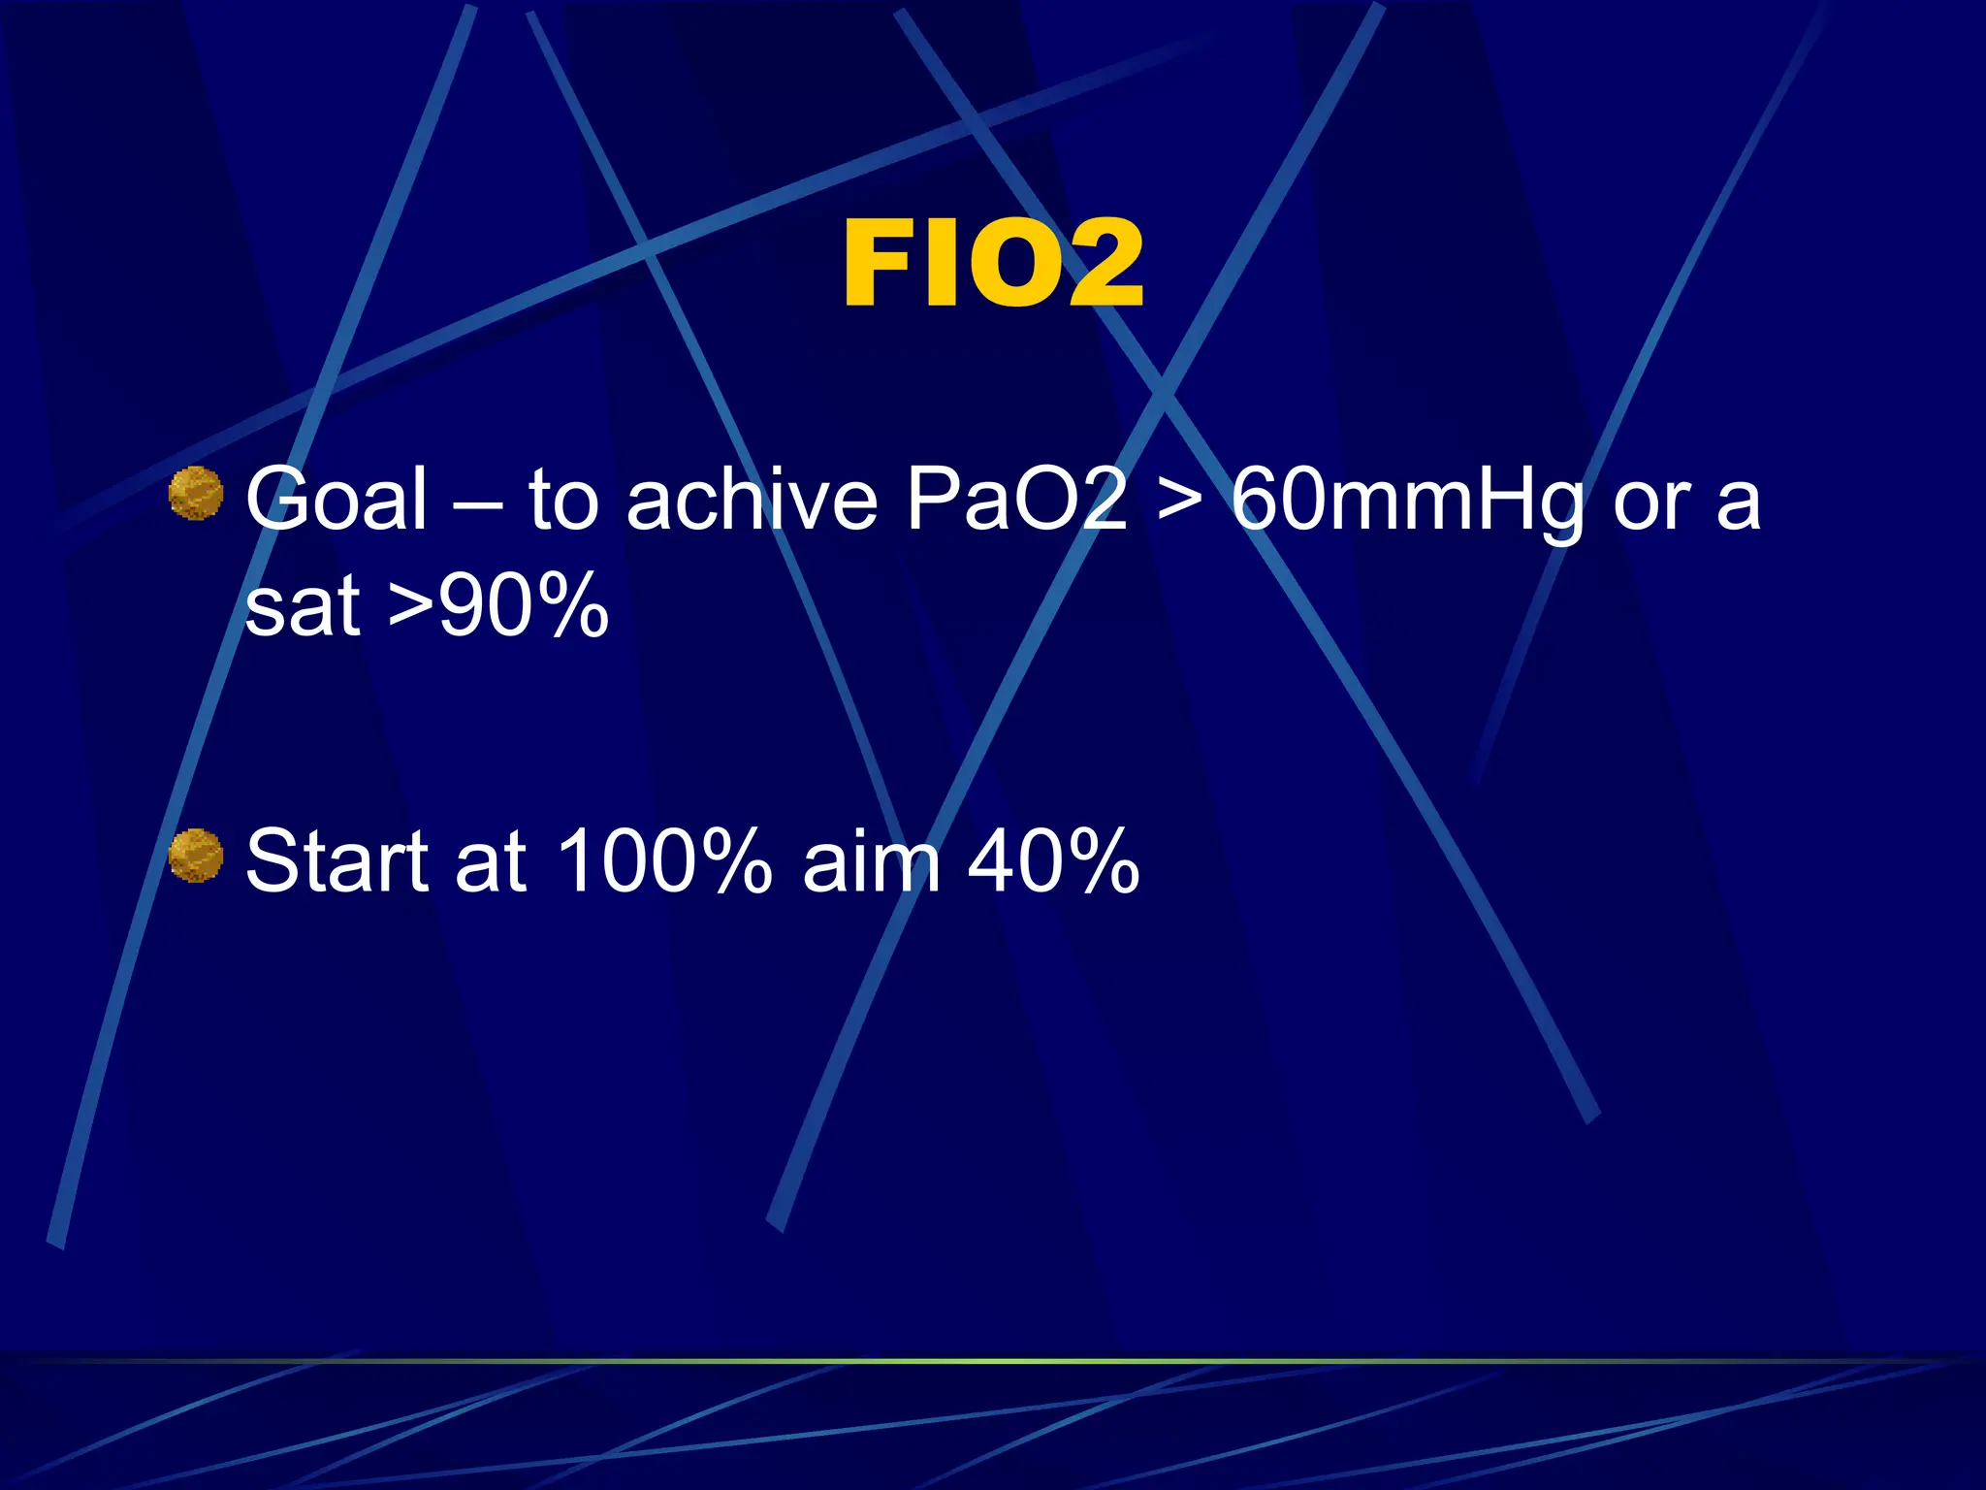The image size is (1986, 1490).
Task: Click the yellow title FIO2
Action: click(x=993, y=264)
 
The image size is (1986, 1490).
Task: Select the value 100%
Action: click(x=664, y=860)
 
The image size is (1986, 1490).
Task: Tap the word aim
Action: click(x=872, y=860)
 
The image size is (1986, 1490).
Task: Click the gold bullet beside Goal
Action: click(x=196, y=493)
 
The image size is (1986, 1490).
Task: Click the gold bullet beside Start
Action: click(x=196, y=856)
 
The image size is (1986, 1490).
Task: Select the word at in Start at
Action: click(x=490, y=862)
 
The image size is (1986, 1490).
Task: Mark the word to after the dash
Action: click(x=563, y=501)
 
